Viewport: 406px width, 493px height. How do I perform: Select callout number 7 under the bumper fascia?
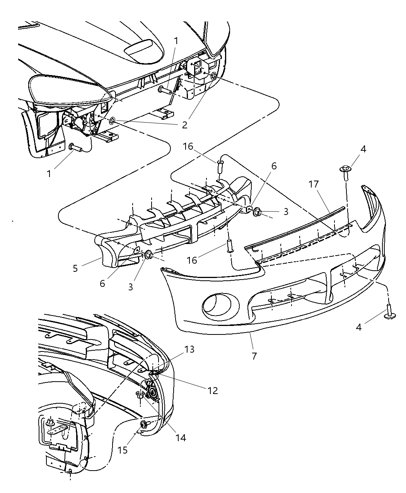coord(254,356)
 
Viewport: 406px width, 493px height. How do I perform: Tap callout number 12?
coord(213,391)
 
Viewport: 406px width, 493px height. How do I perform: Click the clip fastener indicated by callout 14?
coord(140,394)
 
